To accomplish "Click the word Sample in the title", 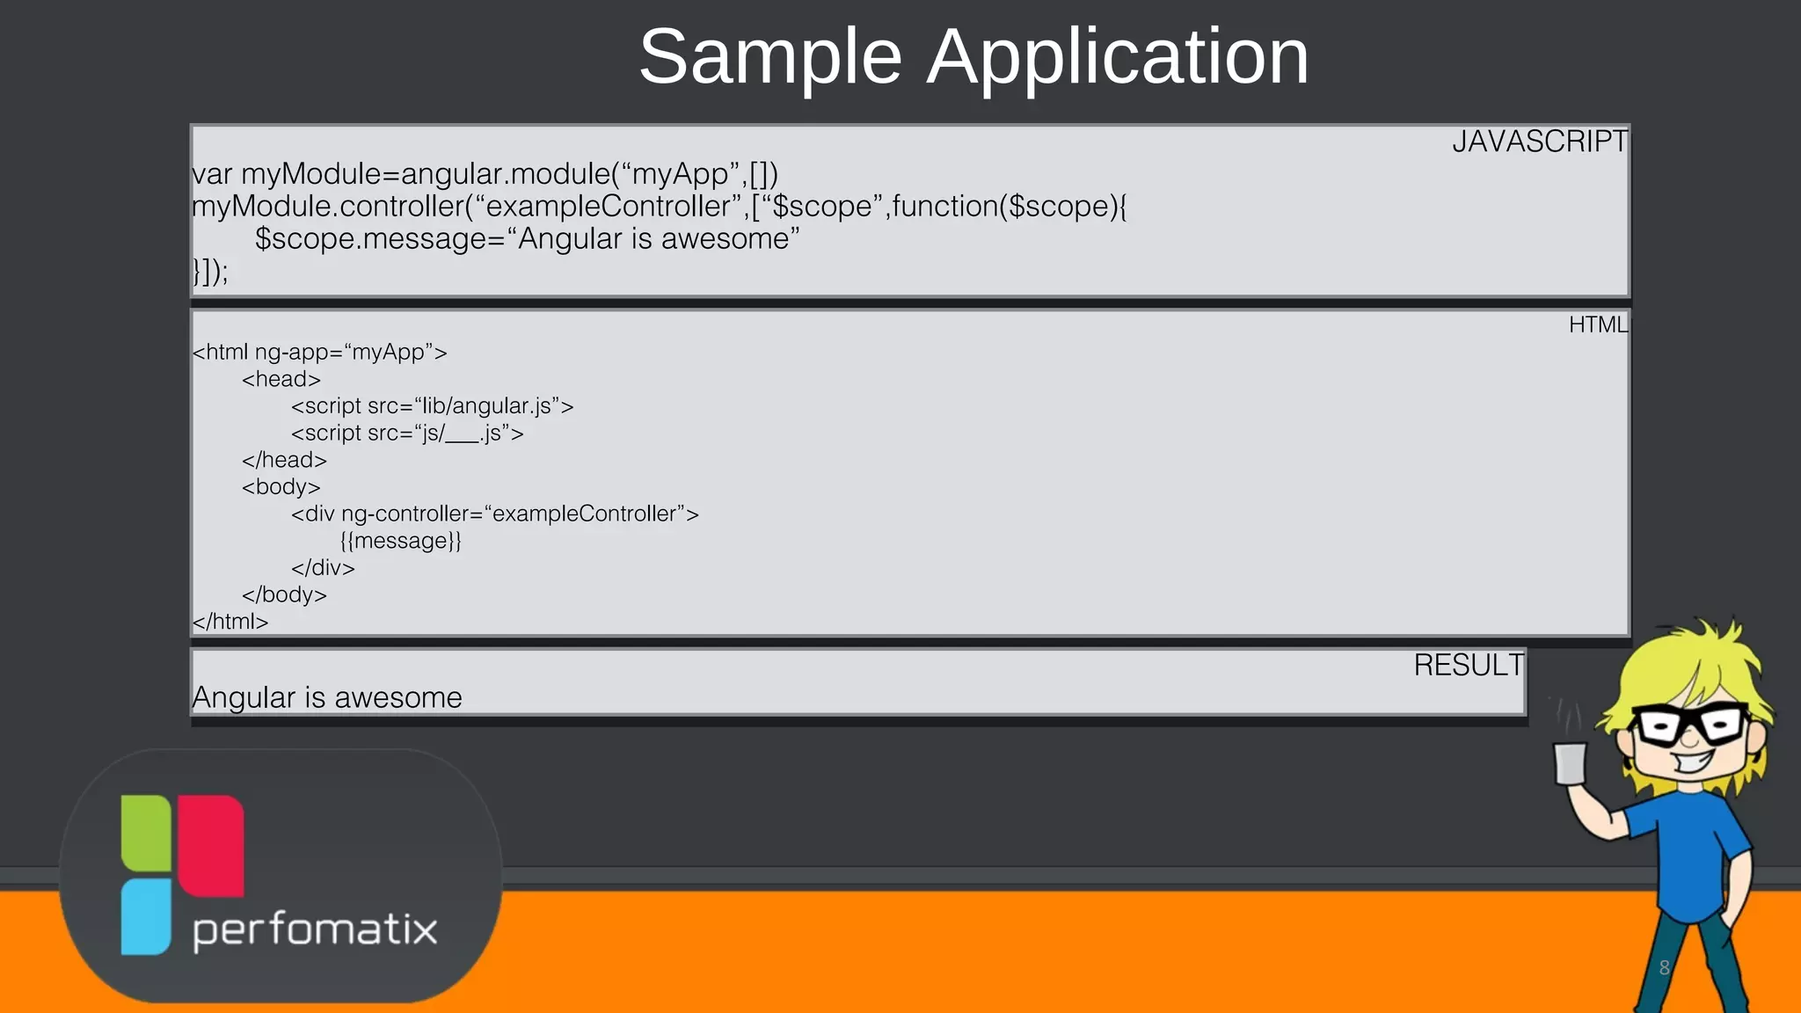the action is pyautogui.click(x=770, y=58).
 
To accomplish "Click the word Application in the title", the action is pyautogui.click(x=1118, y=58).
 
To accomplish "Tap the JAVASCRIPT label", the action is pyautogui.click(x=1539, y=142).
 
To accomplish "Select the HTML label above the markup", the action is pyautogui.click(x=1598, y=325).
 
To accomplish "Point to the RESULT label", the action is pyautogui.click(x=1468, y=666).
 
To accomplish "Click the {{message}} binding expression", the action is pyautogui.click(x=400, y=541).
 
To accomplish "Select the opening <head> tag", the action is pyautogui.click(x=281, y=379).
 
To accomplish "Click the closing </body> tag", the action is pyautogui.click(x=284, y=595).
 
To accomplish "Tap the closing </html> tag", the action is pyautogui.click(x=230, y=622).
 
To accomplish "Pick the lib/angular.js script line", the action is pyautogui.click(x=432, y=406).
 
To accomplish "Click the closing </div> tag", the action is pyautogui.click(x=323, y=568).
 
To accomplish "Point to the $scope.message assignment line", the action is pyautogui.click(x=527, y=239).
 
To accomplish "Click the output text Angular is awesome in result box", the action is pyautogui.click(x=327, y=698).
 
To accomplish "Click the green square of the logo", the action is pyautogui.click(x=146, y=832).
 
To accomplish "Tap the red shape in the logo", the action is pyautogui.click(x=211, y=844).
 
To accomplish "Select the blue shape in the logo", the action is pyautogui.click(x=145, y=916).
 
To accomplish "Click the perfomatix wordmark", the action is pyautogui.click(x=315, y=930).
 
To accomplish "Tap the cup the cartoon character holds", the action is pyautogui.click(x=1570, y=762).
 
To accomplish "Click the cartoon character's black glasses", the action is pyautogui.click(x=1689, y=725).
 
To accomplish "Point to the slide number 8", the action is pyautogui.click(x=1664, y=968).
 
